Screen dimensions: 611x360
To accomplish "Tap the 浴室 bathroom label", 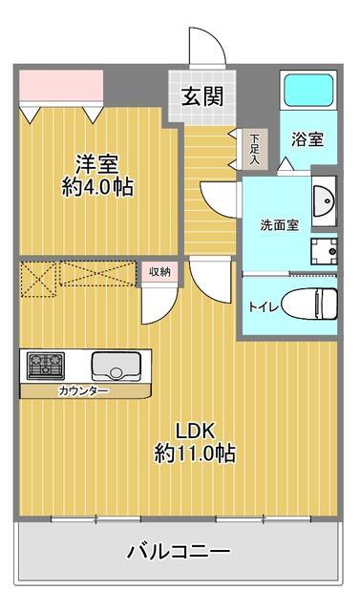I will (x=307, y=139).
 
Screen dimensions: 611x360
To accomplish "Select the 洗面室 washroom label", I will (x=280, y=225).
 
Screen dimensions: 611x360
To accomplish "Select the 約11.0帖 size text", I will (x=195, y=453).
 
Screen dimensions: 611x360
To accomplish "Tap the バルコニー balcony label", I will (x=179, y=551).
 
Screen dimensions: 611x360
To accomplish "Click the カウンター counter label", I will (x=83, y=390).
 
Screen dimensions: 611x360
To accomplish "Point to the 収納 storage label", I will (x=159, y=272).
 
